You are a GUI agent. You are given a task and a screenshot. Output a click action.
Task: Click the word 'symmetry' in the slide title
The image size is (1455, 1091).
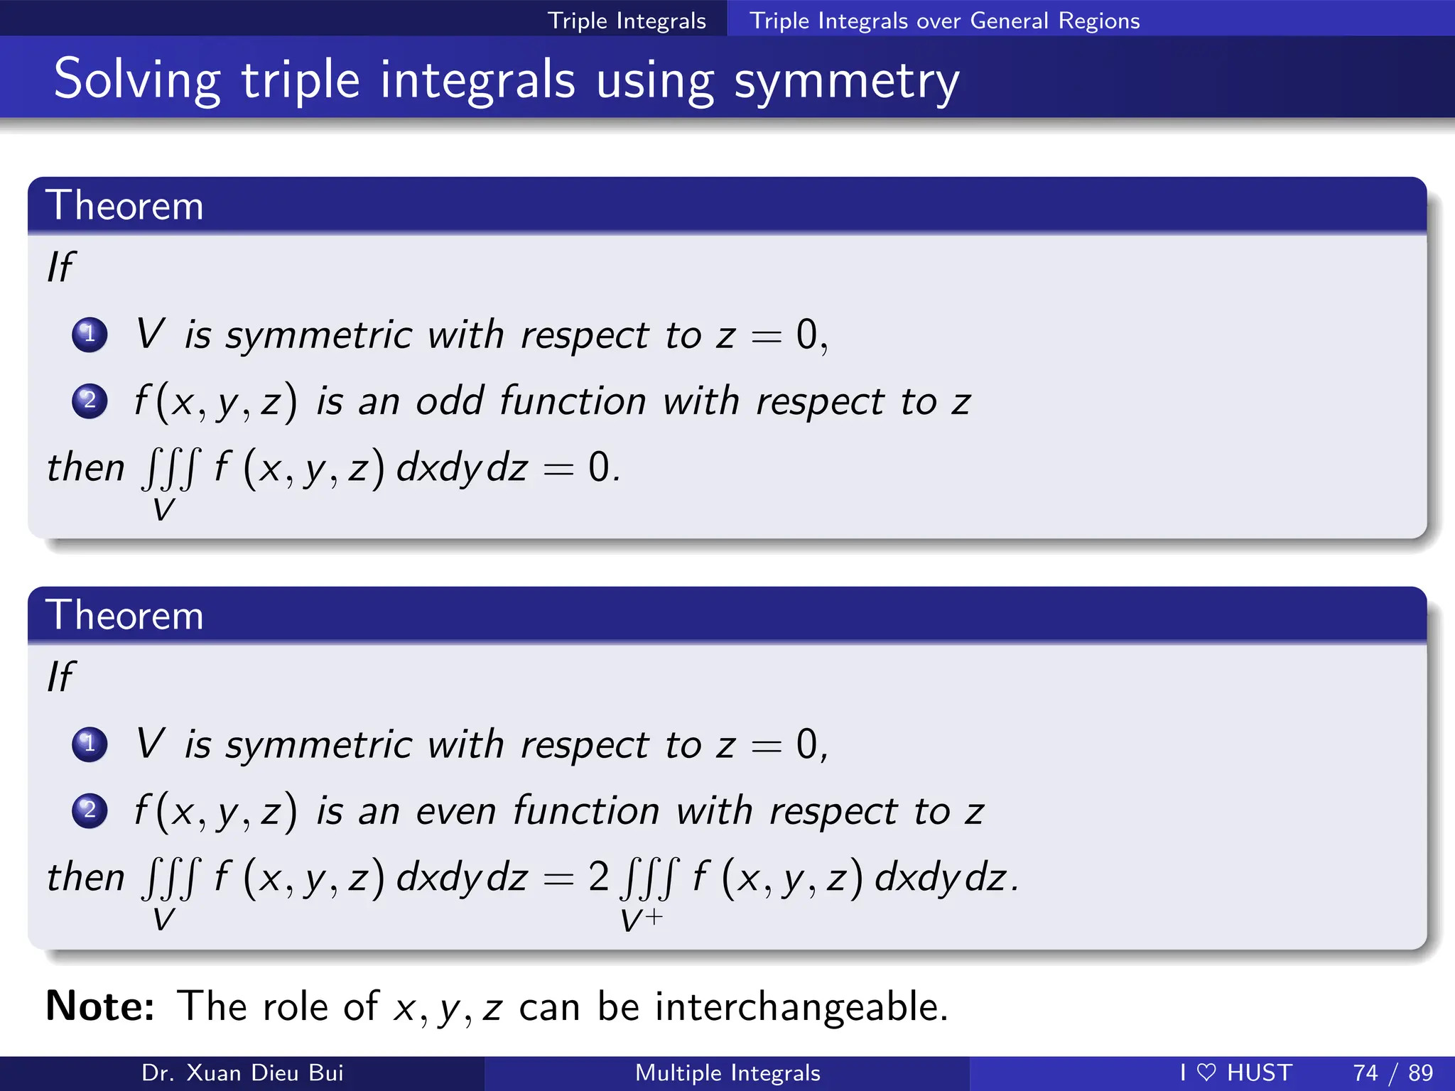tap(846, 81)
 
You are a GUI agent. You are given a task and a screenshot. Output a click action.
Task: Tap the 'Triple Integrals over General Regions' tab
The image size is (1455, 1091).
tap(944, 21)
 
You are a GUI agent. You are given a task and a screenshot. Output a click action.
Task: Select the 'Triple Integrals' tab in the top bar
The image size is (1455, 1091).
tap(627, 21)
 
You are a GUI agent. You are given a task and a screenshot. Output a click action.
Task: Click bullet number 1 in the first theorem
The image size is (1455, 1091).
tap(90, 334)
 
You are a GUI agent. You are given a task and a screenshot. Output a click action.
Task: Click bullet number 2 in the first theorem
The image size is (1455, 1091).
tap(90, 401)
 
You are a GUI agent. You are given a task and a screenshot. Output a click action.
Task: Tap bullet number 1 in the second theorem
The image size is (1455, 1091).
tap(90, 744)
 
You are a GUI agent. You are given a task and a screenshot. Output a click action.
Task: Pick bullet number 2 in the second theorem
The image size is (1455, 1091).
tap(90, 810)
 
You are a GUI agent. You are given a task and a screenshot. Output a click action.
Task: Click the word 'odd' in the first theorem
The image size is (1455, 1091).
tap(450, 401)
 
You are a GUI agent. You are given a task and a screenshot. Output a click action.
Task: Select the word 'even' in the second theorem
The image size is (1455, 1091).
tap(455, 811)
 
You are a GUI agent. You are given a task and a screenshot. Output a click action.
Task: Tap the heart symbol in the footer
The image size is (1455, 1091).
tap(1206, 1072)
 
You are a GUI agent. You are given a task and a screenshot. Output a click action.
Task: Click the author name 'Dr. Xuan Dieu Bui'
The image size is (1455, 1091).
tap(242, 1073)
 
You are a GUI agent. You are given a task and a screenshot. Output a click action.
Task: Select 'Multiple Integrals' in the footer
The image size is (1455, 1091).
tap(727, 1073)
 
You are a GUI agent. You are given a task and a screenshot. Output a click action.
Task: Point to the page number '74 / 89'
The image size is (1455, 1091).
tap(1392, 1073)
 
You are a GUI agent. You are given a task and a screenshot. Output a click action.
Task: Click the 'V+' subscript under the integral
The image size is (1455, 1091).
tap(641, 920)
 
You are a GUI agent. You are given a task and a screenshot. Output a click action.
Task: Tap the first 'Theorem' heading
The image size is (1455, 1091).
tap(124, 206)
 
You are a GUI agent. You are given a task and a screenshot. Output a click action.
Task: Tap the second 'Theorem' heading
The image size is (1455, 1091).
tap(124, 615)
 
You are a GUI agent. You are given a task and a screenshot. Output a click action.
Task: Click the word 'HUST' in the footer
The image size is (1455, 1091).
tap(1259, 1073)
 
